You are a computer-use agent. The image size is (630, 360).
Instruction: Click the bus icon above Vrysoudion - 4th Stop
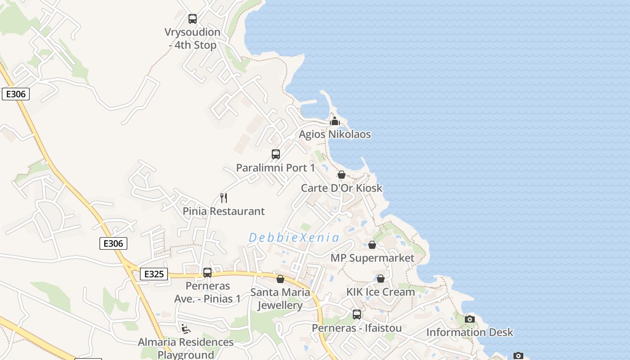[193, 19]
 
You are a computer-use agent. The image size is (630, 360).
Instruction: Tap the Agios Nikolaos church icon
[334, 121]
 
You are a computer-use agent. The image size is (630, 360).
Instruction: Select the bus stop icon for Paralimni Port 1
[276, 154]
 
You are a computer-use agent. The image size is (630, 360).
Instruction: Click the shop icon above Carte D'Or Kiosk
[342, 175]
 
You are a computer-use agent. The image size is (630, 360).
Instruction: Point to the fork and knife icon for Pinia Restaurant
[224, 198]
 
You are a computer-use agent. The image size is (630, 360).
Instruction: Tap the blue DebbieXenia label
[294, 238]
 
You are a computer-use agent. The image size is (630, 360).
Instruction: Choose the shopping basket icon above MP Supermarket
[372, 245]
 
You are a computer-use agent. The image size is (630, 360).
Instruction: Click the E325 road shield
[154, 274]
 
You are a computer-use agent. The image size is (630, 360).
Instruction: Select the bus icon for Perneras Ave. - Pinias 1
[207, 273]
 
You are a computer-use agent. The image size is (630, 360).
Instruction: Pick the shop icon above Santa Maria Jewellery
[280, 279]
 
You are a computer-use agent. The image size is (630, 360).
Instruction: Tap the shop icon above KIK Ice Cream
[381, 279]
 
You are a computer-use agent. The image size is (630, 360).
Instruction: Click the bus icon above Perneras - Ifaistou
[357, 315]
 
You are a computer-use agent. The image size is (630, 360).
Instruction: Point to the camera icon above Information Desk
[470, 319]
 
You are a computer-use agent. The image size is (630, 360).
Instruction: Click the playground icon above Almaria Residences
[185, 328]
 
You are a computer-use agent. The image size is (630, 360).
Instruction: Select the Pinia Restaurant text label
[224, 211]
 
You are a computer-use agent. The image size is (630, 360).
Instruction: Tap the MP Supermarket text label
[372, 258]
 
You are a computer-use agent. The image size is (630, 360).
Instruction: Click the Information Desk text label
[470, 332]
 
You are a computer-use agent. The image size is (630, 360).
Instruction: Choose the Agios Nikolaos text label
[335, 134]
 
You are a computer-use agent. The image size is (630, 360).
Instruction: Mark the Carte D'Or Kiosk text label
[342, 188]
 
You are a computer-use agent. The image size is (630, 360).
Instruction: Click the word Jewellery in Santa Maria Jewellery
[280, 305]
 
